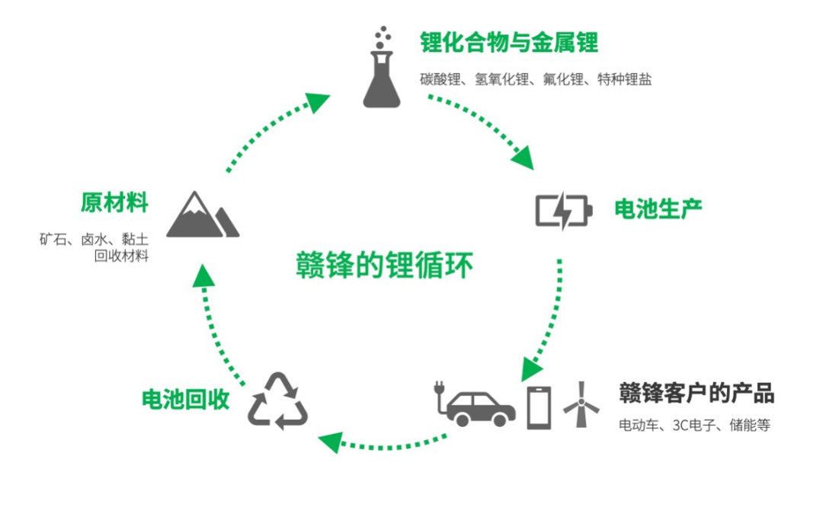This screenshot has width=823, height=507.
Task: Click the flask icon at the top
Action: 380,68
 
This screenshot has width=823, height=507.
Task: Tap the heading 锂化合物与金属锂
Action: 508,42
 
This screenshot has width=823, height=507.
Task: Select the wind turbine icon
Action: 581,403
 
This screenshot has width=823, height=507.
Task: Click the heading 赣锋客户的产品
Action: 697,394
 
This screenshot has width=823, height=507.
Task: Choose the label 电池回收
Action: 186,400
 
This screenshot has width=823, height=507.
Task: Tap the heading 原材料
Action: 114,203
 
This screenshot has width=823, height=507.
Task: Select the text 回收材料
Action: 121,255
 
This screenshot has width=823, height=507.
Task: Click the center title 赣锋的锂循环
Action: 384,266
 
